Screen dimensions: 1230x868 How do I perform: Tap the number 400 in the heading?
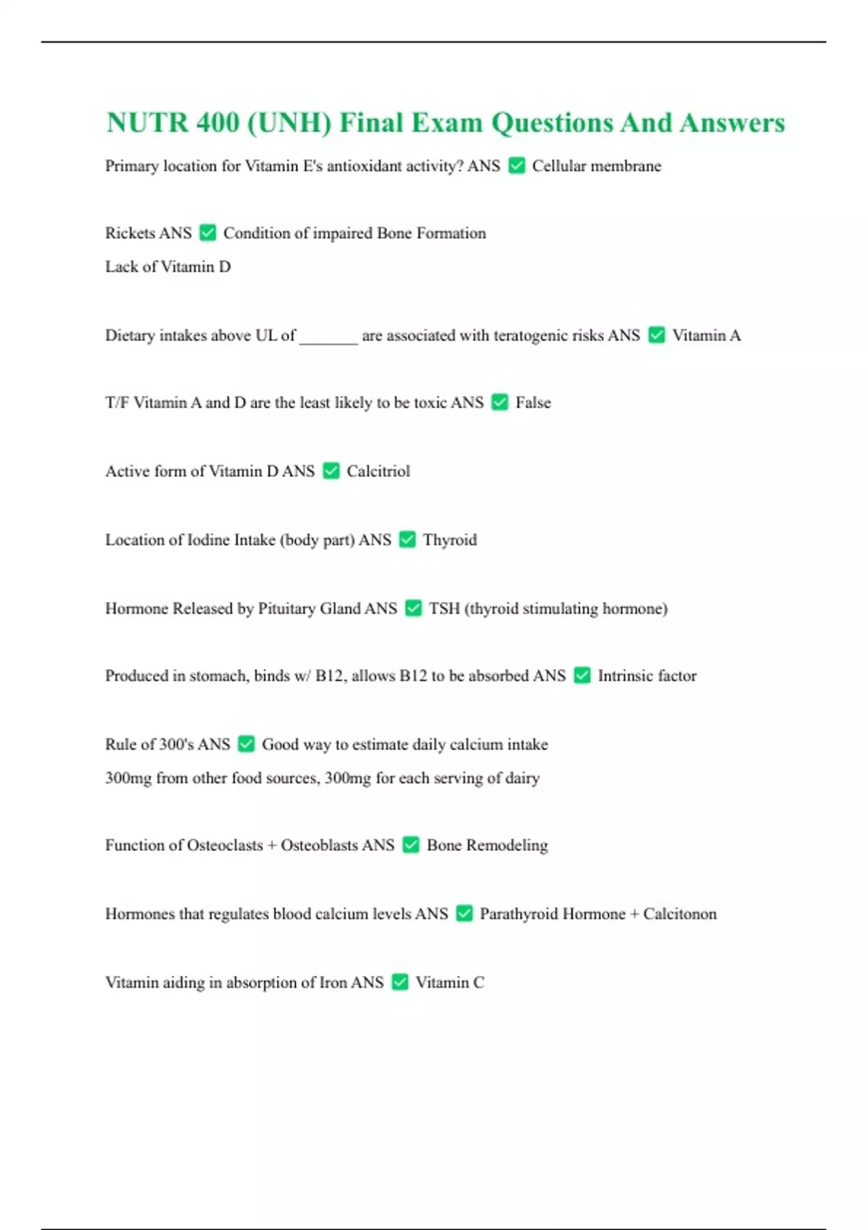[218, 123]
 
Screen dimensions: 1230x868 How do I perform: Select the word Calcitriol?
[378, 471]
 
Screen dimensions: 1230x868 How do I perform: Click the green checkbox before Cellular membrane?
[516, 166]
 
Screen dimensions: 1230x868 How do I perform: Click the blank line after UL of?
[328, 337]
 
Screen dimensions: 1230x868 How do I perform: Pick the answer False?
[533, 402]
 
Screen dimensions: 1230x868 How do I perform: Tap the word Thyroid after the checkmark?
[450, 540]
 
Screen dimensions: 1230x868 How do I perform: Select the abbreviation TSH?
[444, 608]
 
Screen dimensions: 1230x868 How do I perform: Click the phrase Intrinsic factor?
[647, 676]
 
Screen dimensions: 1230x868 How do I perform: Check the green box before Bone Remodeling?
[411, 845]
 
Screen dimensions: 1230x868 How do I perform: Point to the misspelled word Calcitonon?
[680, 914]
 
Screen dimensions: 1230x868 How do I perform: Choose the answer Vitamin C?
[450, 983]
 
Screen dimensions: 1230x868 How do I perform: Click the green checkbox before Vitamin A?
[657, 335]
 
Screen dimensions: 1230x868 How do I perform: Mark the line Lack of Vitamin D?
[168, 267]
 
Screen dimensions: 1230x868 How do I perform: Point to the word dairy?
[522, 779]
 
